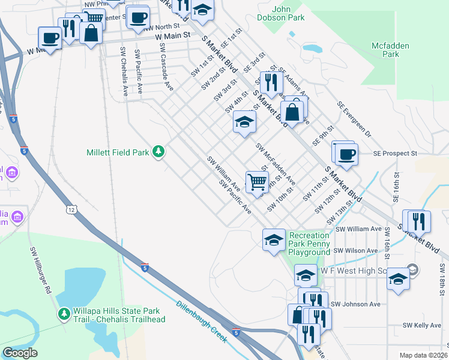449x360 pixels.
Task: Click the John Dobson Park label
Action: (290, 15)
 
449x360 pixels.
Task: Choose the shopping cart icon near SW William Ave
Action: (257, 181)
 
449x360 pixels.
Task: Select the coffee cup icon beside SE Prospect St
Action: (346, 154)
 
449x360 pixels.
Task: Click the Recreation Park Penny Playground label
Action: (310, 244)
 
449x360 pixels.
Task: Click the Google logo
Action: (20, 353)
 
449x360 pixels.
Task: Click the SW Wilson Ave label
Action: (357, 250)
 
